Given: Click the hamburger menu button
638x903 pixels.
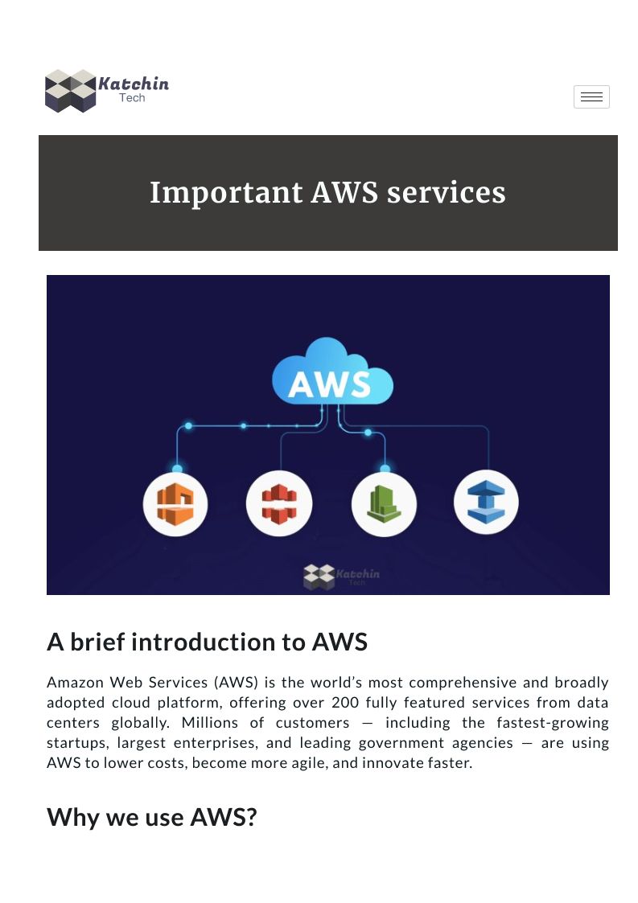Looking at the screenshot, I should coord(591,96).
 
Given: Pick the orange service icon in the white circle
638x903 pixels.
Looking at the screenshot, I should coord(175,504).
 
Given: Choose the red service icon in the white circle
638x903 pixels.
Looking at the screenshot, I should coord(278,504).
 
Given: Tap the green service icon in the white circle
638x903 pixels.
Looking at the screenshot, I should coord(384,504).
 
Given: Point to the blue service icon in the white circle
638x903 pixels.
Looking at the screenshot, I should coord(486,503).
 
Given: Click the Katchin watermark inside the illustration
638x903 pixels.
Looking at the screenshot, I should coord(341,576).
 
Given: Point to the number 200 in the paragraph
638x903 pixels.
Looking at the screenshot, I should coord(344,702).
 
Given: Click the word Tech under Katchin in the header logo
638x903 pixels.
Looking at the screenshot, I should coord(132,98).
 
